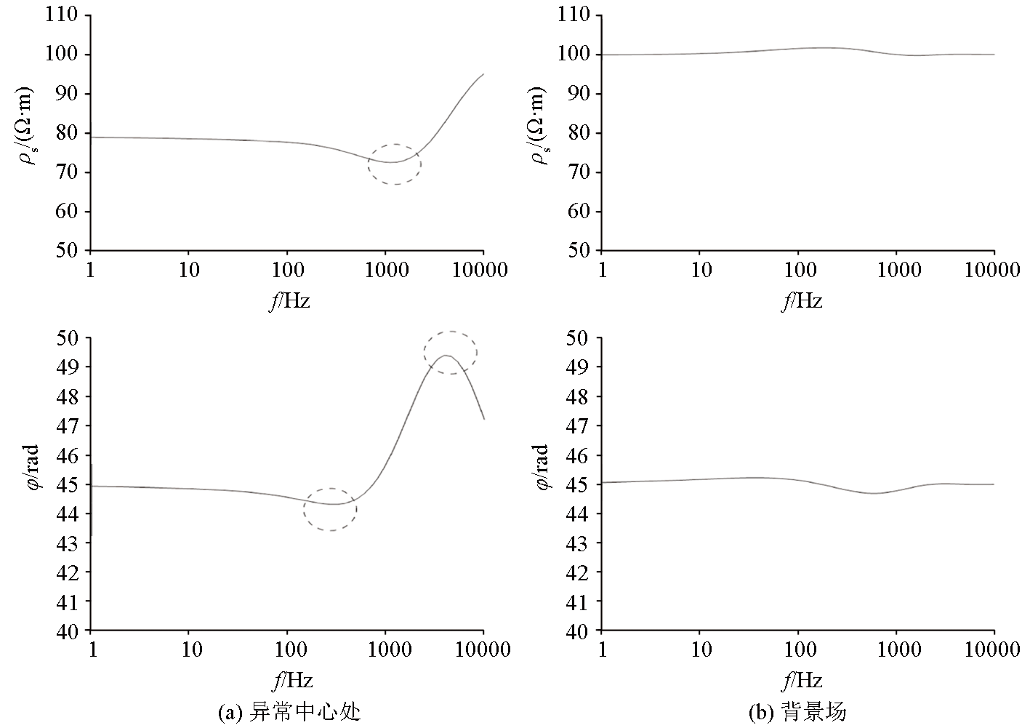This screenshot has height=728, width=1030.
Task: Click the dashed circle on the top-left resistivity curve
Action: tap(394, 164)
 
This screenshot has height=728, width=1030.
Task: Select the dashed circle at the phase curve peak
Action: tap(451, 353)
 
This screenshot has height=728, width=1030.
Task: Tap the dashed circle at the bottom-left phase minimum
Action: tap(330, 509)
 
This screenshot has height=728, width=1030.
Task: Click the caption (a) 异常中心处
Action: tap(289, 711)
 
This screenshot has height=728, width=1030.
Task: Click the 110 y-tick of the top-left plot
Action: tap(63, 15)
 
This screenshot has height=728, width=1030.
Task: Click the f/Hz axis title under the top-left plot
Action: tap(290, 300)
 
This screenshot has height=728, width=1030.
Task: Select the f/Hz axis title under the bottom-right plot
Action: tap(802, 680)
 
